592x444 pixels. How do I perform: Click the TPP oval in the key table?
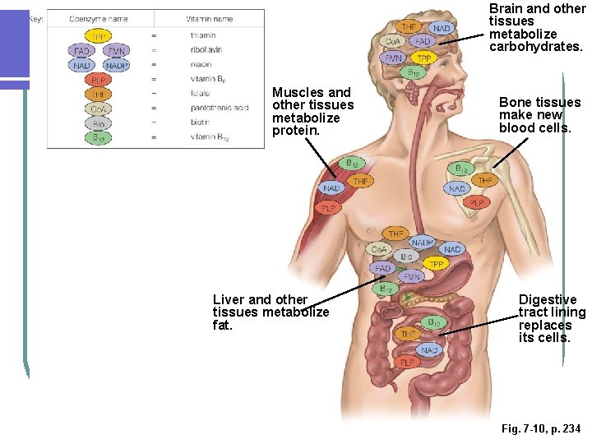click(x=99, y=36)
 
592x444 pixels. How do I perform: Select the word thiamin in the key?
click(x=202, y=36)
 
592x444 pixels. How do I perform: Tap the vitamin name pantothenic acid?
click(x=219, y=108)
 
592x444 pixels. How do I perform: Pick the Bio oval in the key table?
click(x=99, y=123)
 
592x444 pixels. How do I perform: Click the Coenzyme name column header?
click(x=99, y=18)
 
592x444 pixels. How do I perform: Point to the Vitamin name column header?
click(x=210, y=18)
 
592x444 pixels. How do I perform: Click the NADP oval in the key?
click(x=116, y=65)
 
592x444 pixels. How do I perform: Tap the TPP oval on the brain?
click(x=423, y=58)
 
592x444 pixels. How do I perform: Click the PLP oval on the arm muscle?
click(x=329, y=209)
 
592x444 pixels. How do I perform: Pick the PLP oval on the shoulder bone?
click(x=477, y=202)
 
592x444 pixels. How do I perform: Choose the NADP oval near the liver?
click(x=423, y=243)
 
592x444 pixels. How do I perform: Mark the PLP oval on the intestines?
click(x=406, y=362)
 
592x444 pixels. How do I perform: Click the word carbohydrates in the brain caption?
click(x=535, y=47)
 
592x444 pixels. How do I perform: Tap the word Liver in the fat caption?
click(x=229, y=299)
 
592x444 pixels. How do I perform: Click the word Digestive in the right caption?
click(x=548, y=299)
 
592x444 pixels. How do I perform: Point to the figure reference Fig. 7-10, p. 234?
click(x=540, y=429)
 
